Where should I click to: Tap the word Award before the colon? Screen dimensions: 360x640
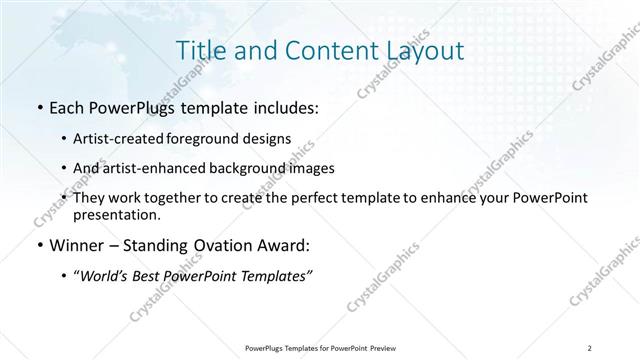point(282,244)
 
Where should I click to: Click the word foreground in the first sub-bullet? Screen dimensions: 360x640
point(217,137)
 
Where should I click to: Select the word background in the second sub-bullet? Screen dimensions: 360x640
point(238,168)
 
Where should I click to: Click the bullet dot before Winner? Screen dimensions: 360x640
point(38,244)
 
